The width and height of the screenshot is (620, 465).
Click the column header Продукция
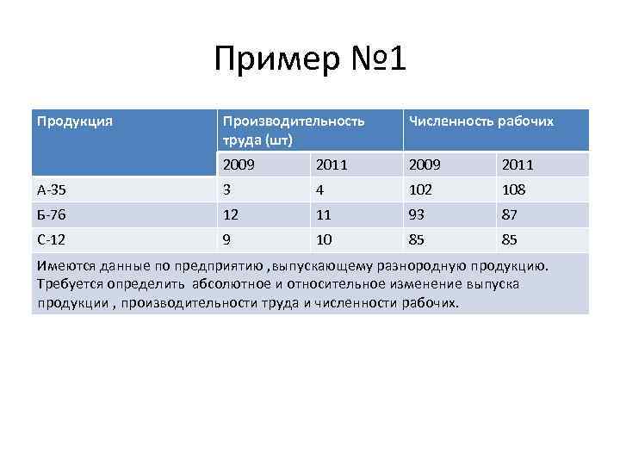point(75,121)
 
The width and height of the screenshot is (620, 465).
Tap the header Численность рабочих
point(480,121)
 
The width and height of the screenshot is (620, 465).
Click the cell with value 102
point(421,189)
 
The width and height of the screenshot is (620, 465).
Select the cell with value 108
point(513,189)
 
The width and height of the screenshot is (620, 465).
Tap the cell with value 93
point(418,214)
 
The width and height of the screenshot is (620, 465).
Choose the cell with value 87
point(510,214)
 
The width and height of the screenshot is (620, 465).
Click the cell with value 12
point(231,214)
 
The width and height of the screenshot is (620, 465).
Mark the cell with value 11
point(324,214)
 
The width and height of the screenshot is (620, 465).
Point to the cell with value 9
point(226,239)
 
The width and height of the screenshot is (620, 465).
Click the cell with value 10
point(324,239)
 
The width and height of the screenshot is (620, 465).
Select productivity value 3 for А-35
point(226,189)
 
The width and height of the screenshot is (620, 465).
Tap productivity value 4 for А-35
point(320,189)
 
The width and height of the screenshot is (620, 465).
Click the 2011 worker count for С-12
point(510,239)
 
